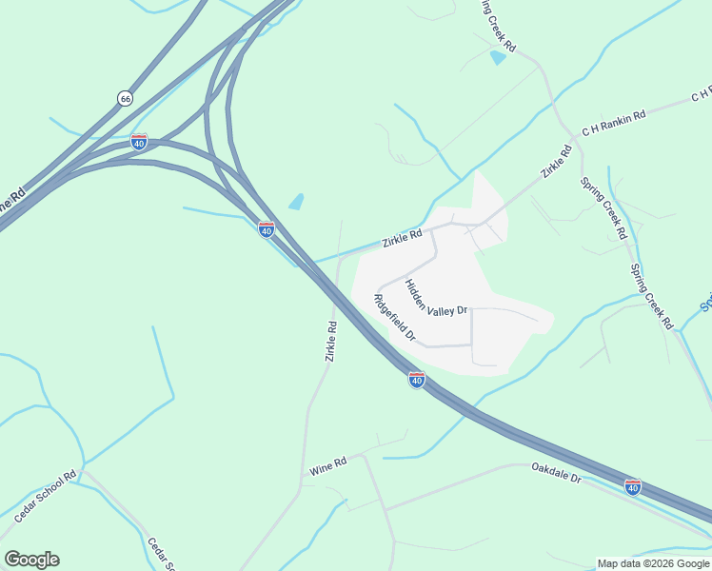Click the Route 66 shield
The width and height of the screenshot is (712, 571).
[125, 98]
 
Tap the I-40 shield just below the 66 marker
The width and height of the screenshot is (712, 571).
[139, 142]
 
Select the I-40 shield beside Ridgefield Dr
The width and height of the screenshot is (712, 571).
[416, 380]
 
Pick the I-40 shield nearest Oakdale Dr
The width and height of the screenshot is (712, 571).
[633, 486]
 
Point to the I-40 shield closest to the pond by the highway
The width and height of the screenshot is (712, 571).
[267, 229]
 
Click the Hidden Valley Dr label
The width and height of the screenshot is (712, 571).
[436, 297]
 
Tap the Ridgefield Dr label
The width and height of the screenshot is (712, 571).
[395, 318]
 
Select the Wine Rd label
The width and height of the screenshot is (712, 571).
[327, 464]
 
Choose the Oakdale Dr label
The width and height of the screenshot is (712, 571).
[556, 473]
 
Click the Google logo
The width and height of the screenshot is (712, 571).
[31, 560]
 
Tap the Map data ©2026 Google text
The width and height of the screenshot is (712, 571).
[654, 563]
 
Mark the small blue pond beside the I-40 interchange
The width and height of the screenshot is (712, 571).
[297, 202]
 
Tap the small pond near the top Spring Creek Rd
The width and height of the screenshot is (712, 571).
[497, 58]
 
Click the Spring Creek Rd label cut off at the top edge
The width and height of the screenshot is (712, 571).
[498, 26]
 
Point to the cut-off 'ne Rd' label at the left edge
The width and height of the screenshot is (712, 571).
[10, 201]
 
